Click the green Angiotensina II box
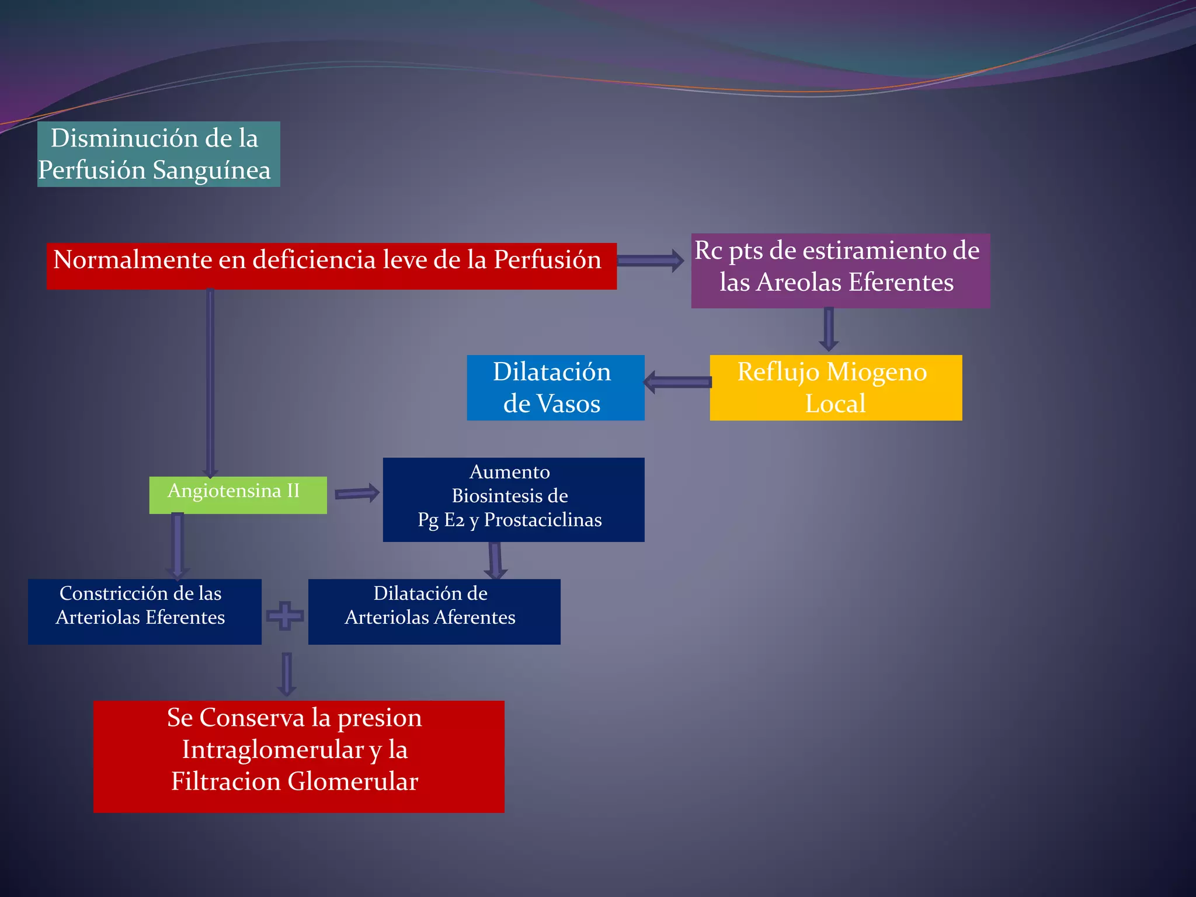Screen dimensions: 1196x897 (x=238, y=495)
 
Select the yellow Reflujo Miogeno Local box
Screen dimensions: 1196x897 (x=836, y=388)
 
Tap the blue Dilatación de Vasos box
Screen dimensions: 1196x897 (x=555, y=388)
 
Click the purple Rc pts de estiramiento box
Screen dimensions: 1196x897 (x=840, y=271)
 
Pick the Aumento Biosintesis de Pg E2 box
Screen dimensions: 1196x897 (x=513, y=500)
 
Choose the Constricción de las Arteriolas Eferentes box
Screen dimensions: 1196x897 (x=144, y=612)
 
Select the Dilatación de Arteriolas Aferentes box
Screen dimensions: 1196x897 (x=434, y=612)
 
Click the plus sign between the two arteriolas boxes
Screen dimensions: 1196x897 (x=285, y=616)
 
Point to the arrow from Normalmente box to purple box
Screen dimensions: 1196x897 (x=650, y=260)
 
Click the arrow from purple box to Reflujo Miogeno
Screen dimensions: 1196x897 (x=829, y=329)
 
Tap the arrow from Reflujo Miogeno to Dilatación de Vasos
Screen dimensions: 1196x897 (x=677, y=383)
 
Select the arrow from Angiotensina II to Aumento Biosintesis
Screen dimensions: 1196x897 (x=357, y=493)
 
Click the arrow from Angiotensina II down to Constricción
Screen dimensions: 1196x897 (x=178, y=546)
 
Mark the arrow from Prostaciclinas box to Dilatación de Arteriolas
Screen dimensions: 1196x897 (x=495, y=561)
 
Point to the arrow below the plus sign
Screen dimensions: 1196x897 (x=286, y=675)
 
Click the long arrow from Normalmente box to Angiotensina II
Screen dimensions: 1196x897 (x=210, y=383)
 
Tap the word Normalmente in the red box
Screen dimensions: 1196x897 (x=133, y=259)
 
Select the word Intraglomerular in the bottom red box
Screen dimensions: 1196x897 (x=273, y=750)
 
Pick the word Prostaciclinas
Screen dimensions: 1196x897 (x=543, y=520)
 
